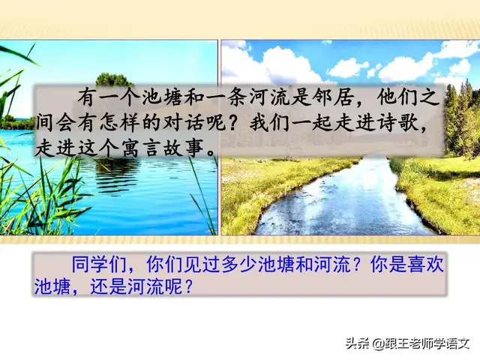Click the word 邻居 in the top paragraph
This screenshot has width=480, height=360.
point(340,97)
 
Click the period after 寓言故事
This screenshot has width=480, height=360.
point(213,146)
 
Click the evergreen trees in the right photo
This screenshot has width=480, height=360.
point(460,112)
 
